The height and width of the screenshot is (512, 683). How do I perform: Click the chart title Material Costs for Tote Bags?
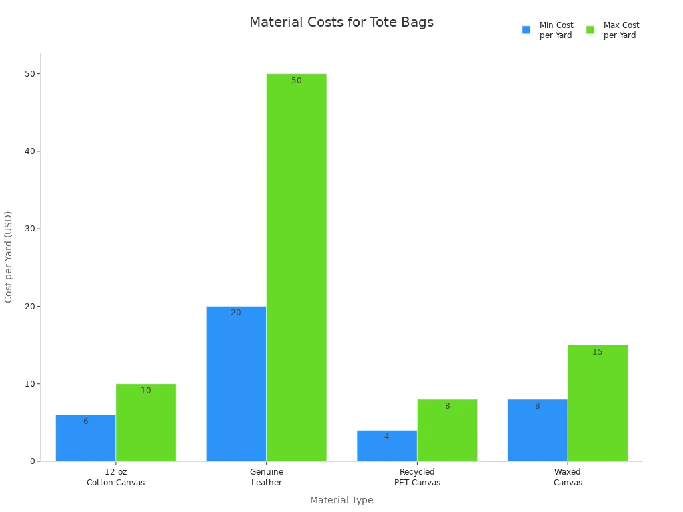click(x=341, y=23)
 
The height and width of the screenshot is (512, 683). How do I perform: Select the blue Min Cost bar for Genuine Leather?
click(x=236, y=383)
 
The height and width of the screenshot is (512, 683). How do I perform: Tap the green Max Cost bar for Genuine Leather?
click(x=297, y=267)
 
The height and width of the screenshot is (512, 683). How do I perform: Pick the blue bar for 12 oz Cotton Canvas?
click(x=85, y=438)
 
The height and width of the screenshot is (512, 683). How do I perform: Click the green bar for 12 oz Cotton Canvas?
click(x=146, y=423)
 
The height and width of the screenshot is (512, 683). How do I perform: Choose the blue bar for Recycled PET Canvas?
click(x=387, y=445)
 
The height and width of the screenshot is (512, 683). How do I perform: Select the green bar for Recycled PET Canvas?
click(x=447, y=430)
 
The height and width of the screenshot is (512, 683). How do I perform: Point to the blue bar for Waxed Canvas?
click(x=537, y=430)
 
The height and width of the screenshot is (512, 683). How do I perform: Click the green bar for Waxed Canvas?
click(x=598, y=403)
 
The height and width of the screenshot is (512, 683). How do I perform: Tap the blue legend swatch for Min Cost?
click(x=526, y=30)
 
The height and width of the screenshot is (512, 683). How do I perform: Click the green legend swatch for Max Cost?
click(x=590, y=30)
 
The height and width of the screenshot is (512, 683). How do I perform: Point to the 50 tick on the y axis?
click(x=29, y=73)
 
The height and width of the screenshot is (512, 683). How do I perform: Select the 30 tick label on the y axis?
click(x=29, y=229)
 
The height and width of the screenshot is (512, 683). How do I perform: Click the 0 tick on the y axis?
click(x=32, y=461)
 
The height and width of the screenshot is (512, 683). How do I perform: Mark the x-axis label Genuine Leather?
click(x=267, y=477)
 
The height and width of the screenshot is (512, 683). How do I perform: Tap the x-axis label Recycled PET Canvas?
click(x=417, y=477)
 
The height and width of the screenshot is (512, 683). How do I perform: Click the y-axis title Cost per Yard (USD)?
click(x=9, y=257)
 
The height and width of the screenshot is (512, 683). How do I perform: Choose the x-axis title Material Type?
click(x=341, y=500)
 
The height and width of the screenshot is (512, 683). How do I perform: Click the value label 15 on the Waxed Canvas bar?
click(x=598, y=352)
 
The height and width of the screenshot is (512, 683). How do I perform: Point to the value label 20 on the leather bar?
click(x=236, y=313)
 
